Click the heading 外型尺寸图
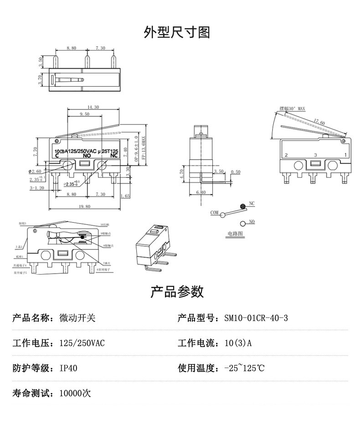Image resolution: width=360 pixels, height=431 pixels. (177, 32)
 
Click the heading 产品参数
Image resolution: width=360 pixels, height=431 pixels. (177, 291)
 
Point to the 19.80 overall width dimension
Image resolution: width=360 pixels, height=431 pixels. (84, 207)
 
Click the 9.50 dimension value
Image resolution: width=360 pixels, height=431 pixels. (84, 114)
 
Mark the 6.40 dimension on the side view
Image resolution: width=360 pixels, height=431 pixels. (201, 192)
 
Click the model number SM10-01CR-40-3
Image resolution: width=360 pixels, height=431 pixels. (256, 318)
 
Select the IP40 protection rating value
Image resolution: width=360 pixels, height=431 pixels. (68, 368)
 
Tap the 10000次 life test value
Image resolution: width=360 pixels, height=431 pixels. (75, 393)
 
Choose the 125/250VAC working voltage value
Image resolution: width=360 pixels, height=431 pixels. (82, 343)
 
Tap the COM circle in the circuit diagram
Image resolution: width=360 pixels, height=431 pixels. (223, 214)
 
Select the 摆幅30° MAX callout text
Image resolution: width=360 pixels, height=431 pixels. (292, 109)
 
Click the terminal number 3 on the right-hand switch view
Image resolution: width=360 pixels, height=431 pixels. (315, 156)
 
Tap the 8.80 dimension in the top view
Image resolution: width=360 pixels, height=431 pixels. (71, 48)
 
